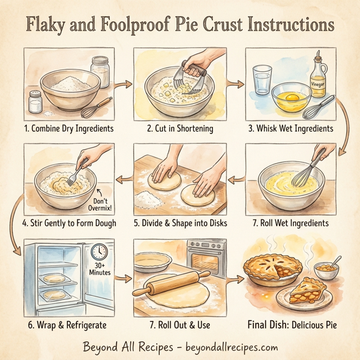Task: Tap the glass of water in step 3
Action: tap(262, 80)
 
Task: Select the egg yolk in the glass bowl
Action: tap(292, 95)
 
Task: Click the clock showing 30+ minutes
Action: tap(100, 251)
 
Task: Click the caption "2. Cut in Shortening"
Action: tap(180, 128)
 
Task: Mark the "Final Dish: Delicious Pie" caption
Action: tap(292, 325)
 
